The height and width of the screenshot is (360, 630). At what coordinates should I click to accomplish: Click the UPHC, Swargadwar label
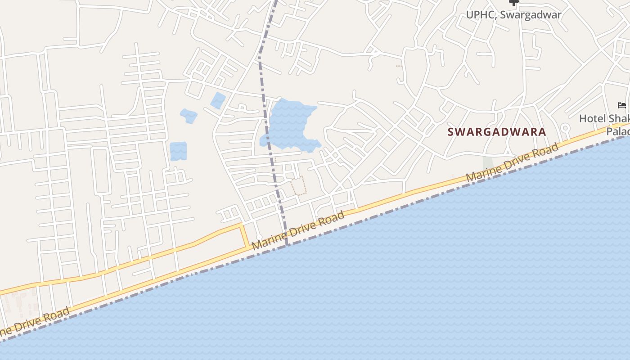click(513, 15)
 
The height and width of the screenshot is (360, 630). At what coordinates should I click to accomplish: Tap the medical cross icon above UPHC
click(513, 3)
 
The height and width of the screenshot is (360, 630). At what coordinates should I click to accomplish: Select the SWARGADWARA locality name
click(497, 132)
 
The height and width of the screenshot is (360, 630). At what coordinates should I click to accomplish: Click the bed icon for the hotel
click(622, 106)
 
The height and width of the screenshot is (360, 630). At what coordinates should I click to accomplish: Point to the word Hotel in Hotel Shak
click(593, 119)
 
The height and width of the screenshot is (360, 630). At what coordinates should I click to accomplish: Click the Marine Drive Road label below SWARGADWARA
click(513, 162)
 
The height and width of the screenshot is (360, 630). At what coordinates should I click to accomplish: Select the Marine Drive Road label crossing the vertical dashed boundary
click(298, 230)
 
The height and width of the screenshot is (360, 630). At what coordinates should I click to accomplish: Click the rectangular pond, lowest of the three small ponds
click(178, 151)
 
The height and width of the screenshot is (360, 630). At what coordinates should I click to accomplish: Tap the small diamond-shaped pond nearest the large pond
click(218, 100)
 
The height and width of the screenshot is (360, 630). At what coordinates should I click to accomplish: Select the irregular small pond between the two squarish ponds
click(189, 116)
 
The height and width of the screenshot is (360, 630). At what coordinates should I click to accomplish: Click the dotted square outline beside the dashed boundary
click(298, 185)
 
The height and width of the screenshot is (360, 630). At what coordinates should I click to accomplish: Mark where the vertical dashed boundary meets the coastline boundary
click(287, 245)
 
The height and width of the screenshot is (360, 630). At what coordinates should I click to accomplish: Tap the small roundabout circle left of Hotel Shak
click(566, 128)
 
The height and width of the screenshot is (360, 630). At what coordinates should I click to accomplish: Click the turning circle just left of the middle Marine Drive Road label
click(259, 237)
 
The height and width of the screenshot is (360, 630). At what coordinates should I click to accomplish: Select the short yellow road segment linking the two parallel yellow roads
click(245, 235)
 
